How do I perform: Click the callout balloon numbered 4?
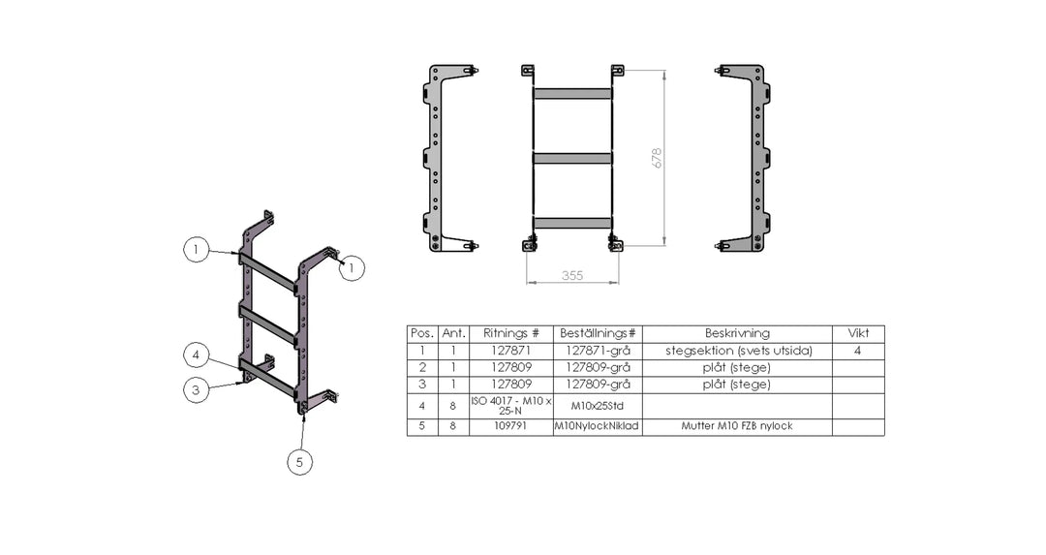click(x=196, y=355)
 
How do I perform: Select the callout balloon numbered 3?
click(x=196, y=390)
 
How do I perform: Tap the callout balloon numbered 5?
click(x=299, y=462)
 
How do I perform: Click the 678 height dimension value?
click(x=657, y=158)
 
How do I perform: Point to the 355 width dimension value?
click(x=572, y=275)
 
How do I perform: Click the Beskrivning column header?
click(x=737, y=333)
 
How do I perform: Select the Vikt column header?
click(x=858, y=333)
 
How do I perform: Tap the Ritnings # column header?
click(x=511, y=333)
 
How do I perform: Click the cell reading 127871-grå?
click(x=598, y=351)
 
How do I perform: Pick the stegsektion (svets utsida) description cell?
click(x=737, y=351)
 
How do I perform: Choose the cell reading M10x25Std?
click(x=597, y=406)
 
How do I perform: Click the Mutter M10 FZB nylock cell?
click(x=737, y=426)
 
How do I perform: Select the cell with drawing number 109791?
click(x=511, y=425)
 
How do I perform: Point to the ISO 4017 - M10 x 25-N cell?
click(x=511, y=406)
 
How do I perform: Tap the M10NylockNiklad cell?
click(x=597, y=426)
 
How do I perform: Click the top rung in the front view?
click(x=572, y=94)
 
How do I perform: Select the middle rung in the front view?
click(x=572, y=159)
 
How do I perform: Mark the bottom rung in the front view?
click(x=572, y=223)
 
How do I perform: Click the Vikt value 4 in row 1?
click(x=858, y=351)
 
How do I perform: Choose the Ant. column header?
click(x=453, y=333)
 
